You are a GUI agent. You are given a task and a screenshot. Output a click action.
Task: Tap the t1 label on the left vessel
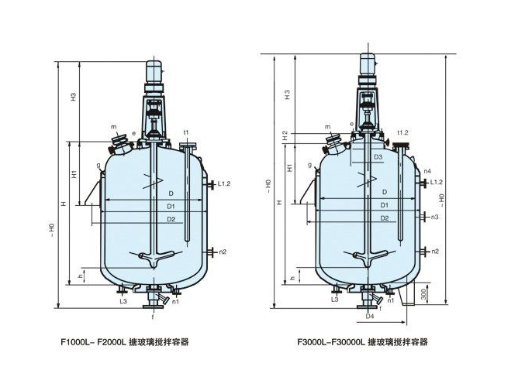pos(186,133)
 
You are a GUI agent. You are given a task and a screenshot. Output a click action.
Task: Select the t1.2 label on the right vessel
pos(402,132)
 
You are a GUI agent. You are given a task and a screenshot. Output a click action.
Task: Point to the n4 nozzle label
pos(427,170)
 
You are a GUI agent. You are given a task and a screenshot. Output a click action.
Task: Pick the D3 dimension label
pos(378,157)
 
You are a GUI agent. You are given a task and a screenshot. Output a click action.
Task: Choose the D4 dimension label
pos(370,316)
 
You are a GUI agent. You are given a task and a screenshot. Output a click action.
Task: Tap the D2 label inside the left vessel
pos(169,220)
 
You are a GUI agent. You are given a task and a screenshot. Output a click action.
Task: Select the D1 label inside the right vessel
pos(384,205)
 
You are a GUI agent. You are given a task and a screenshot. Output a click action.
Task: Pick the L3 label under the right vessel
pos(335,298)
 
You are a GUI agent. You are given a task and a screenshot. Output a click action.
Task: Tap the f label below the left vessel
pos(153,316)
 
